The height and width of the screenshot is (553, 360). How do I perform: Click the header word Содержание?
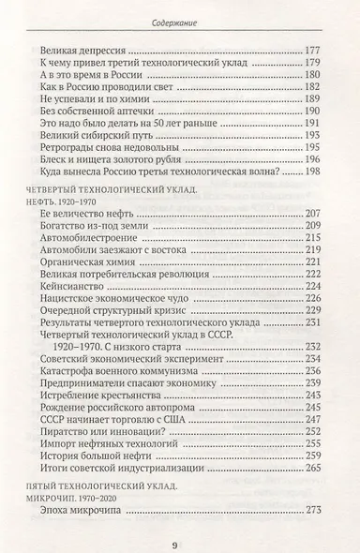[180, 23]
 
